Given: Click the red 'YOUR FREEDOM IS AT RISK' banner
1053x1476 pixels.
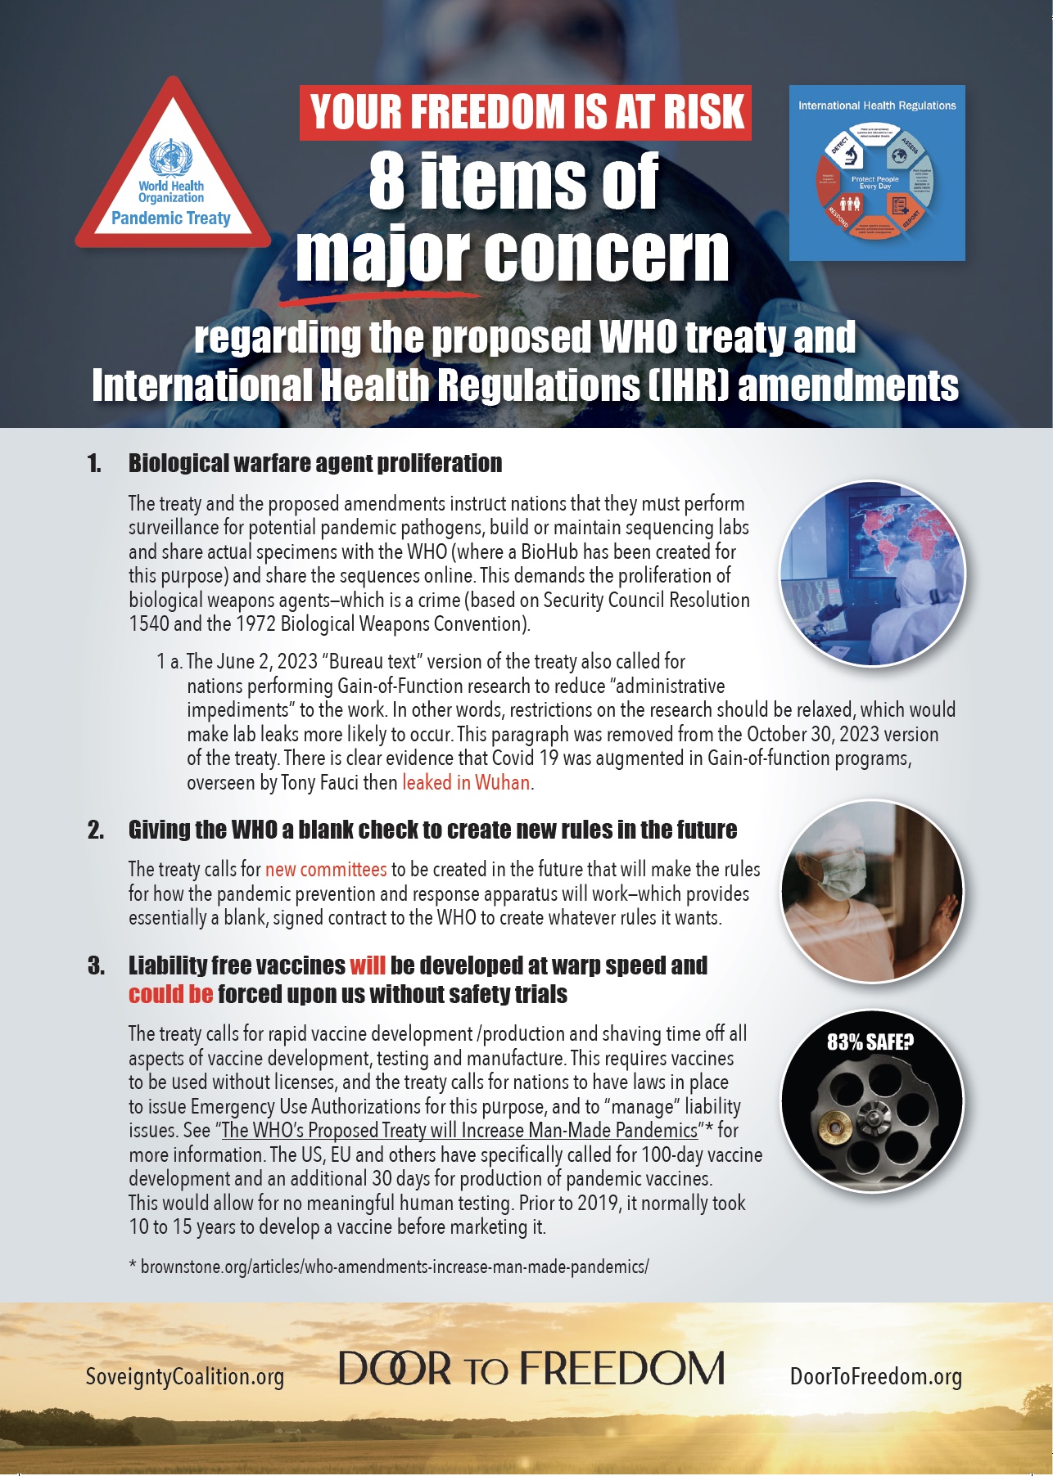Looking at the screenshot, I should [526, 112].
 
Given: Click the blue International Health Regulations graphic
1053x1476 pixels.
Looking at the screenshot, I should [877, 173].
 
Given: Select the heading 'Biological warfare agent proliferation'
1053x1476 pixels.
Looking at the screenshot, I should [315, 463].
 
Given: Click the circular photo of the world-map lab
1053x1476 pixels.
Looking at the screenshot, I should [873, 574].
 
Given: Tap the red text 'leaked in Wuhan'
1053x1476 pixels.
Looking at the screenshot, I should [466, 783].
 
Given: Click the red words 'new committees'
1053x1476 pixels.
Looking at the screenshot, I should [326, 870].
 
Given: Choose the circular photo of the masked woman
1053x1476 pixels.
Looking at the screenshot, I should [873, 891].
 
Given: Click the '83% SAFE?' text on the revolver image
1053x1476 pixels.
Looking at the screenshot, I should [870, 1042].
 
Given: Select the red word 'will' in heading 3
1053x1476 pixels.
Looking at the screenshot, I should [367, 965].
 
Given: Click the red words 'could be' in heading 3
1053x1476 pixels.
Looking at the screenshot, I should [170, 995].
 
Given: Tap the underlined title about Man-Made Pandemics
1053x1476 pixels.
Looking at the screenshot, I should [459, 1131].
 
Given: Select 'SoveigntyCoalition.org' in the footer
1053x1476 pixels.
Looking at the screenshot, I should [185, 1377].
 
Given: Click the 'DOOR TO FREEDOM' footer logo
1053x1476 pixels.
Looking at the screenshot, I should [532, 1369].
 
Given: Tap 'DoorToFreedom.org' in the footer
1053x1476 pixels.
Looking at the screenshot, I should [876, 1377].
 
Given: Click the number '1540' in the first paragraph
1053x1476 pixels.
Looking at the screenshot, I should [148, 624].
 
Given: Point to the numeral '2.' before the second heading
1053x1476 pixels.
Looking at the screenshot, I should [96, 830].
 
